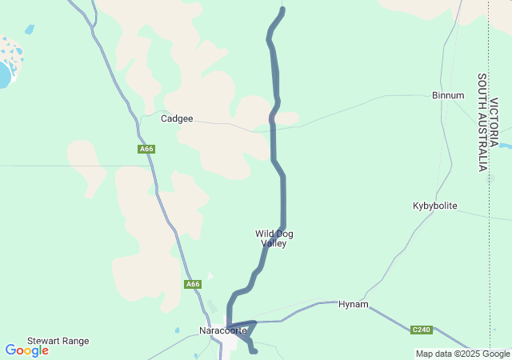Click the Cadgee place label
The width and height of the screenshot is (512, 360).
pos(177,118)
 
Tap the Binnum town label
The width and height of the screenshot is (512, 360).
pos(447,95)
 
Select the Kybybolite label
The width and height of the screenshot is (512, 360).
pos(434,206)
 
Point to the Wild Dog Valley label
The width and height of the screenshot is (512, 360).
pos(274,238)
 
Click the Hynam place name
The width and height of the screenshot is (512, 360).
pos(353,305)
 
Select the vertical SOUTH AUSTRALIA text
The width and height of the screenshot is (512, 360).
pos(482,122)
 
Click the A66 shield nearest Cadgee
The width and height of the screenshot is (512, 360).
pos(146,149)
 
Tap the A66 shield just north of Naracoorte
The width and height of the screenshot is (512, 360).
pos(192,284)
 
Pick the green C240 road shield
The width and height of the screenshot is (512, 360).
pos(422,330)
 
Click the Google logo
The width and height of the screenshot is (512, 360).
pos(26,350)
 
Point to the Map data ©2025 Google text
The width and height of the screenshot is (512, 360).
pos(462,354)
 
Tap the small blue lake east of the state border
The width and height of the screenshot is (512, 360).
pos(505,145)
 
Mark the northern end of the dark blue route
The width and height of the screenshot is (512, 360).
pos(282,10)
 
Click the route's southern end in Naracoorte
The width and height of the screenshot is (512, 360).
pos(254,350)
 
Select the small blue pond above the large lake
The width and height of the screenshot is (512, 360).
pos(30,30)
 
